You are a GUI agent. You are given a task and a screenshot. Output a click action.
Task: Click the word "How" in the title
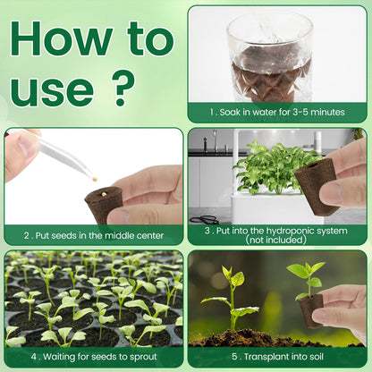(62, 39)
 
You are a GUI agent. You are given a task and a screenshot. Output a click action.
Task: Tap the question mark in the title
(123, 89)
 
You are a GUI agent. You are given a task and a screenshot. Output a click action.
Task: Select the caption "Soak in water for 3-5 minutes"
(282, 113)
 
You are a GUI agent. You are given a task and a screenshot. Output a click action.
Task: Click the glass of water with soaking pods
(270, 56)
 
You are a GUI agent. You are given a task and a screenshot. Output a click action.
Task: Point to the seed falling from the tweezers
(95, 179)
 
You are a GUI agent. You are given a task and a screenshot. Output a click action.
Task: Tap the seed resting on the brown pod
(104, 194)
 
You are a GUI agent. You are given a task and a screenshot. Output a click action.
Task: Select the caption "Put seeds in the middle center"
(99, 236)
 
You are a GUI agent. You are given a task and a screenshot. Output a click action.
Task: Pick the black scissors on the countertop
(205, 220)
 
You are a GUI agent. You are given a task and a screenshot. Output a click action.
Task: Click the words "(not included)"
(275, 240)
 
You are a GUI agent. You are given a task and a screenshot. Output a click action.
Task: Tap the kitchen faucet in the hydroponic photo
(215, 140)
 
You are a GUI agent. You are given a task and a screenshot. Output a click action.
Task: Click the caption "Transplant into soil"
(283, 357)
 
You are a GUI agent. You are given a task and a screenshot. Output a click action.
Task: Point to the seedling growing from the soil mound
(231, 298)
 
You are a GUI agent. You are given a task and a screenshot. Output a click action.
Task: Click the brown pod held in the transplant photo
(310, 310)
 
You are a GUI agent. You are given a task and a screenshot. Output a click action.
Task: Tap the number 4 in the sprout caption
(34, 357)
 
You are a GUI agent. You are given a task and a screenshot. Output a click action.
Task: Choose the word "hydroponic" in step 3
(286, 231)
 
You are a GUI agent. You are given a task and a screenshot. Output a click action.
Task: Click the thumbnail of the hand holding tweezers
(94, 176)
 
